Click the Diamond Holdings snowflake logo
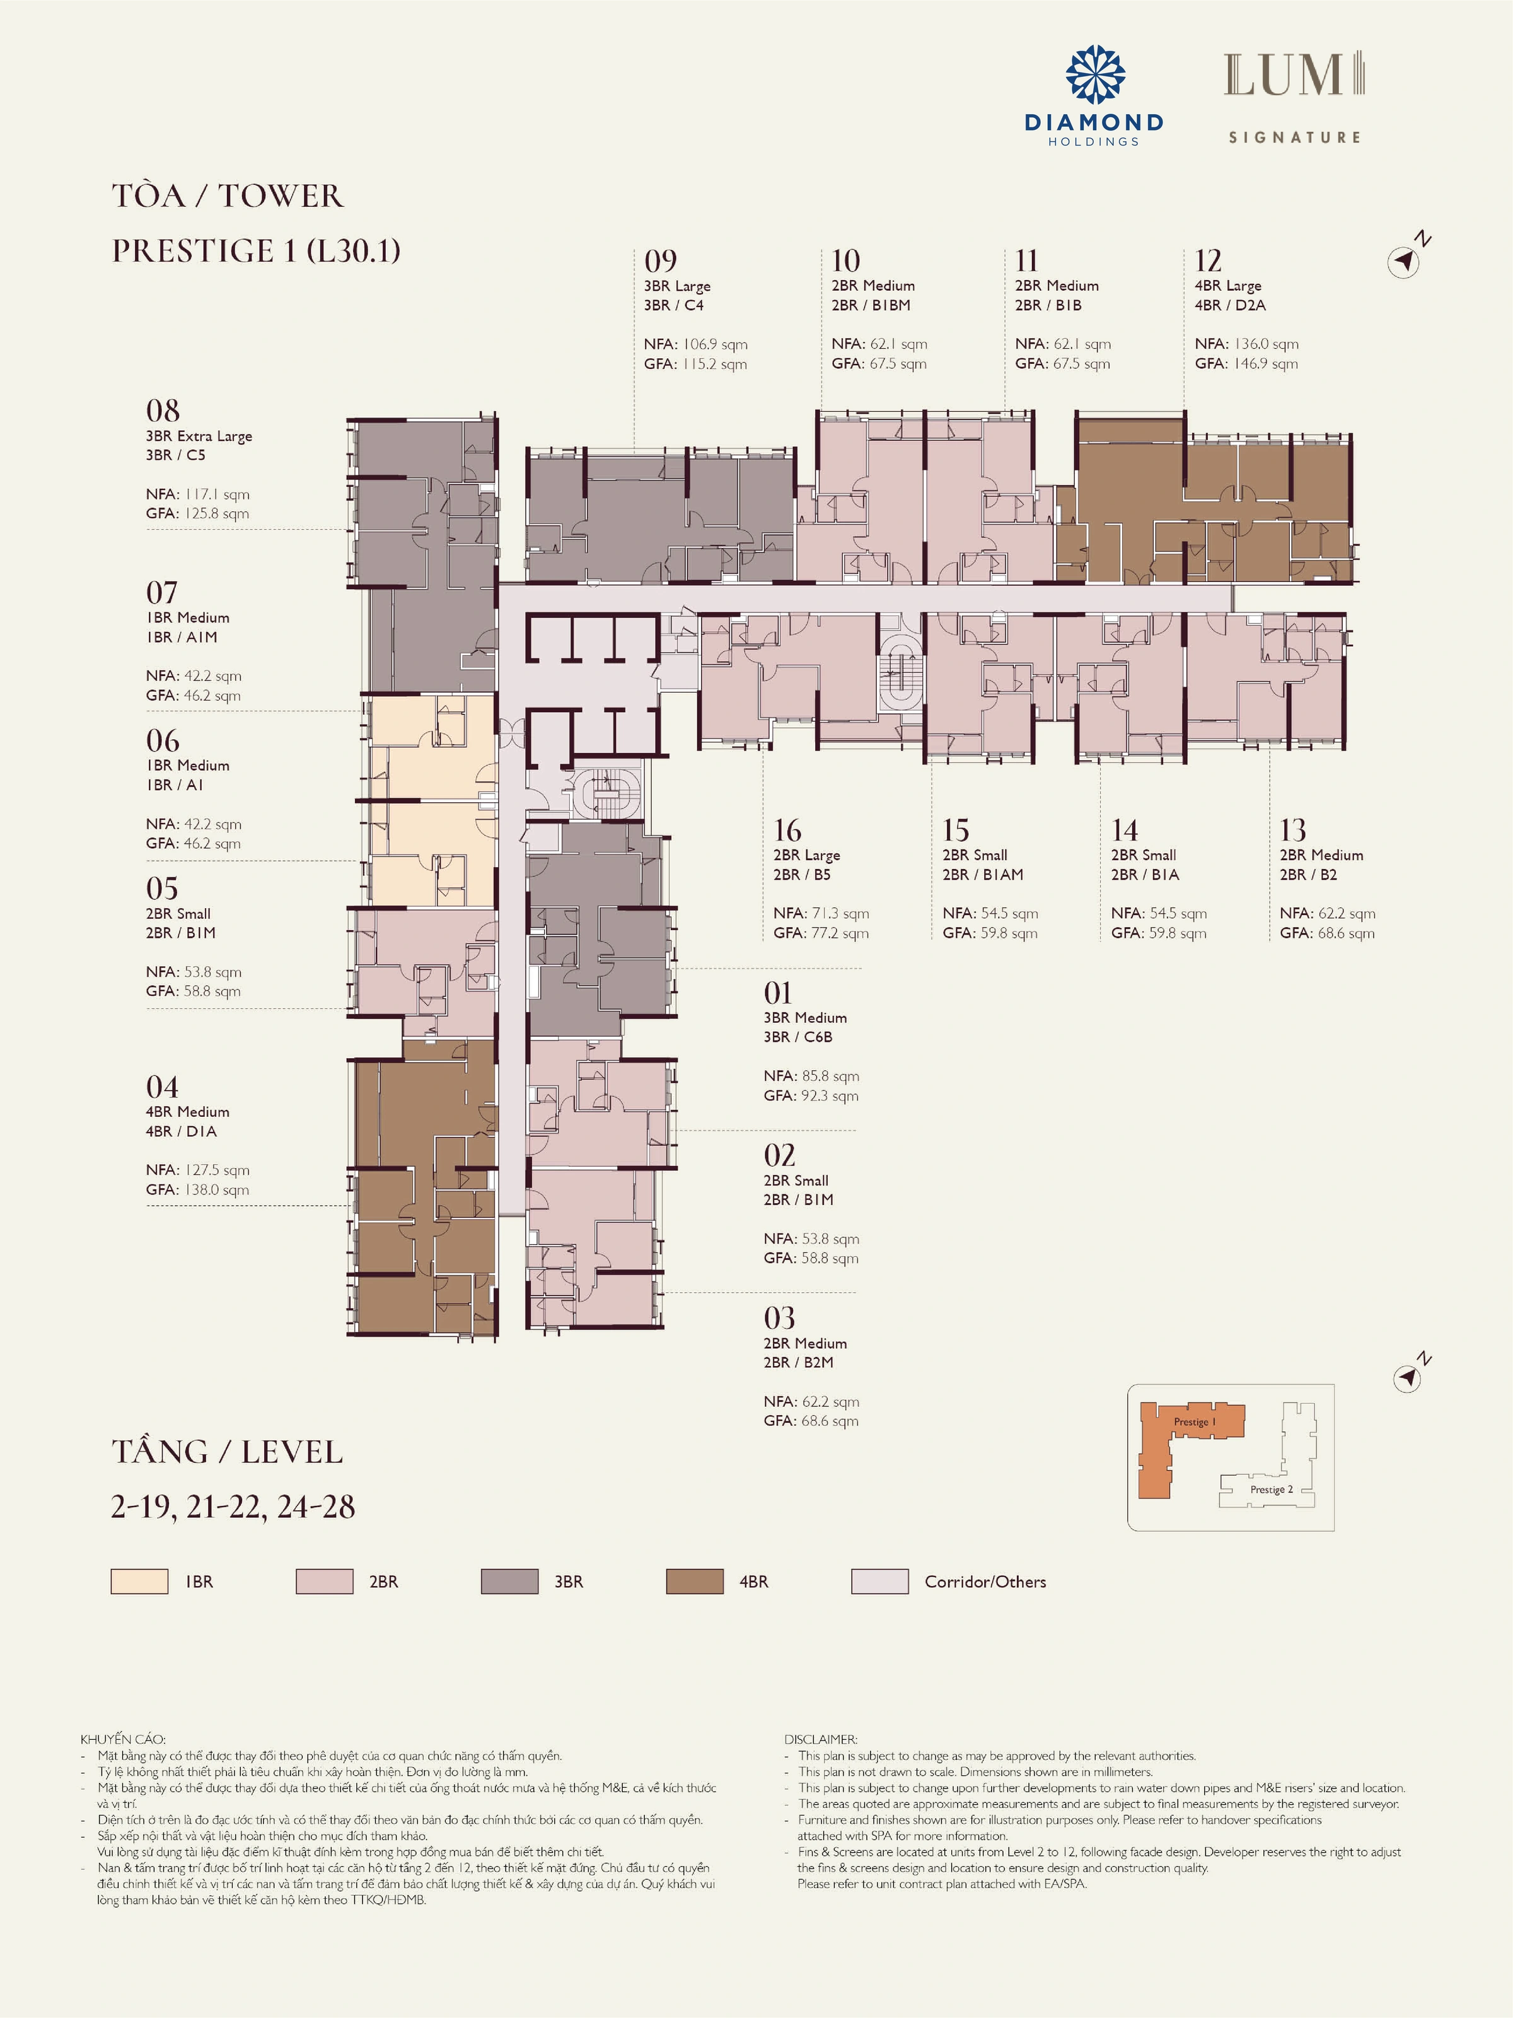[1095, 75]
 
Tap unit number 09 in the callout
[660, 261]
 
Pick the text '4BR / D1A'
[182, 1131]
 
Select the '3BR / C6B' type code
[798, 1037]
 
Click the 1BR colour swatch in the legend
[139, 1581]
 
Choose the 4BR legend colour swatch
[695, 1581]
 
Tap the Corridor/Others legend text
[985, 1582]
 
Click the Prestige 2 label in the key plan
[1272, 1490]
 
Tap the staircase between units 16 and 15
[899, 675]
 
